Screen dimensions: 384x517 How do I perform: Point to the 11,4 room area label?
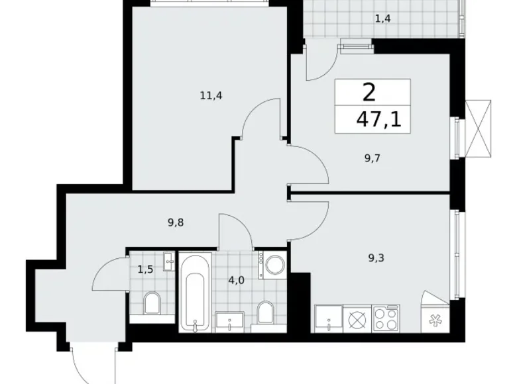pos(211,95)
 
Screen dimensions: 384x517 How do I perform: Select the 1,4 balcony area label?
pos(382,19)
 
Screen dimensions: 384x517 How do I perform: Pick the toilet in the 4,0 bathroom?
pos(266,313)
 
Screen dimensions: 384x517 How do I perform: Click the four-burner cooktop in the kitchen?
pos(386,319)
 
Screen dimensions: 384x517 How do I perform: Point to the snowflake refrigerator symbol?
pos(435,319)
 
